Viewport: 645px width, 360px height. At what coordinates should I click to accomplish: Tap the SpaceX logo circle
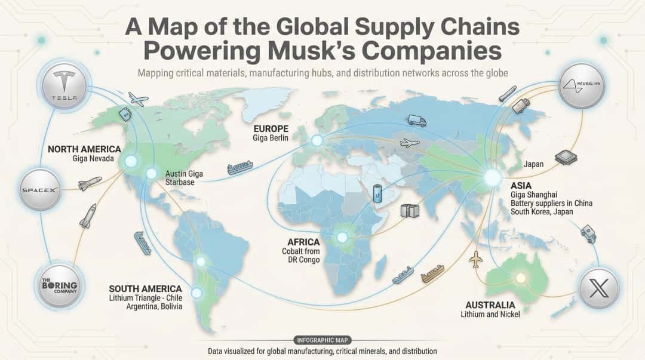[40, 190]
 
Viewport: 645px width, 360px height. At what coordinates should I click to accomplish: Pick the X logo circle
[600, 289]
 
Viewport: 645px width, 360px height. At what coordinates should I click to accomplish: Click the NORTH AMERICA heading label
[84, 149]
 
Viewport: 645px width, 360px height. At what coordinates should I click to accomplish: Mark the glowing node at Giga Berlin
[317, 141]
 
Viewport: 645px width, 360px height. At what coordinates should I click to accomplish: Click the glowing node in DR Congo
[342, 237]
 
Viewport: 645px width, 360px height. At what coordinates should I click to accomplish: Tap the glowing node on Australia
[520, 278]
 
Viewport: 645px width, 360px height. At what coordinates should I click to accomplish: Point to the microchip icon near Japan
[564, 158]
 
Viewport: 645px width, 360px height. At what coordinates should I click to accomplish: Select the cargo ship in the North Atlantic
[240, 167]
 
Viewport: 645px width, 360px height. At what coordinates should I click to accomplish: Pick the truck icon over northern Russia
[417, 121]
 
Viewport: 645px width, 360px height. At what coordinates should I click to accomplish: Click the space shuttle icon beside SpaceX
[90, 183]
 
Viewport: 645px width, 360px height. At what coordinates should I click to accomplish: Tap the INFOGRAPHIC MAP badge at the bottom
[322, 340]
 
